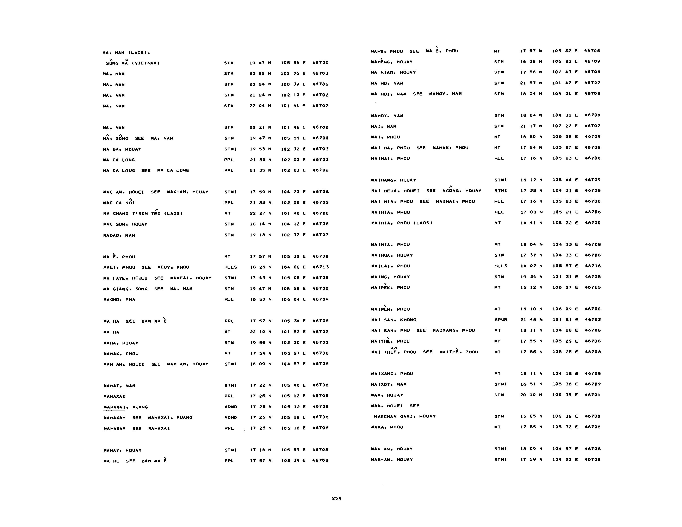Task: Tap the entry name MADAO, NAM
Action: (119, 235)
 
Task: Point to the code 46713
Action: (320, 267)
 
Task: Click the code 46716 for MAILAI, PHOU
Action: (592, 266)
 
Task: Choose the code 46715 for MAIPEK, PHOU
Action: (592, 287)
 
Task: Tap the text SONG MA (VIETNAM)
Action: (133, 63)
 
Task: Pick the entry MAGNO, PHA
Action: (119, 299)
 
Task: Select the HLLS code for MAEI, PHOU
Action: (230, 267)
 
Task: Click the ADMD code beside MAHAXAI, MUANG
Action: (230, 407)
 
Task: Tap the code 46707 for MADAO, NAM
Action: (320, 235)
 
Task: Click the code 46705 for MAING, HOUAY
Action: (592, 277)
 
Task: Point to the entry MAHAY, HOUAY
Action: (122, 450)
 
